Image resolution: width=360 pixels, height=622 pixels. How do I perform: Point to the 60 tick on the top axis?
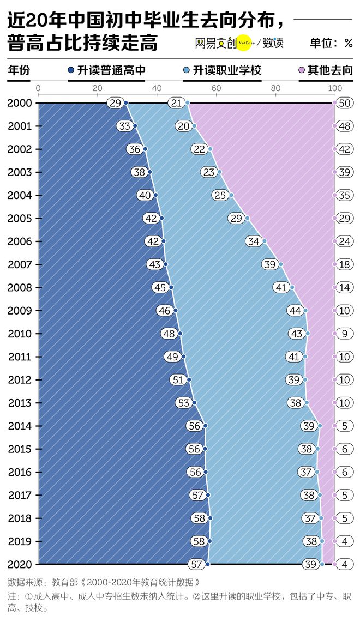pyautogui.click(x=215, y=89)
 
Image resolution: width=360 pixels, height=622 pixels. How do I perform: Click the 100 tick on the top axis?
pyautogui.click(x=334, y=89)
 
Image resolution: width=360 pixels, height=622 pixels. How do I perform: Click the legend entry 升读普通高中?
pyautogui.click(x=106, y=70)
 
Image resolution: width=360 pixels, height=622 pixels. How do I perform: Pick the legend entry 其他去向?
pyautogui.click(x=326, y=70)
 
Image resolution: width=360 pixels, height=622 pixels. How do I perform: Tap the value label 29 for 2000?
pyautogui.click(x=115, y=103)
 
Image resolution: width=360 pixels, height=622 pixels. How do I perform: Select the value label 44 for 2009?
pyautogui.click(x=295, y=311)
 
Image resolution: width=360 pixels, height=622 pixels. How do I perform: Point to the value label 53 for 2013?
pyautogui.click(x=184, y=403)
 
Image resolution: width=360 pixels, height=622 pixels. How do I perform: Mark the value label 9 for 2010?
pyautogui.click(x=345, y=334)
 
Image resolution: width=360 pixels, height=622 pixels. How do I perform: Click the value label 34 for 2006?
pyautogui.click(x=254, y=241)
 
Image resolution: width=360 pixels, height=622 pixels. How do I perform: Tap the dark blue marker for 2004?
pyautogui.click(x=155, y=195)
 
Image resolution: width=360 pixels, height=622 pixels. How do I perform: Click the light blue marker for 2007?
pyautogui.click(x=281, y=264)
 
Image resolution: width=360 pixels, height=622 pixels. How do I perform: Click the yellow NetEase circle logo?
pyautogui.click(x=244, y=43)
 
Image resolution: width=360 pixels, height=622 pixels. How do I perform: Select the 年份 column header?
pyautogui.click(x=19, y=70)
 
